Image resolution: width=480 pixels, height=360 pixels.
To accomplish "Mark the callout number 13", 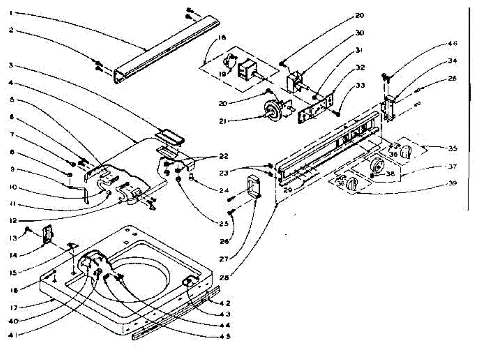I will [12, 238].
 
